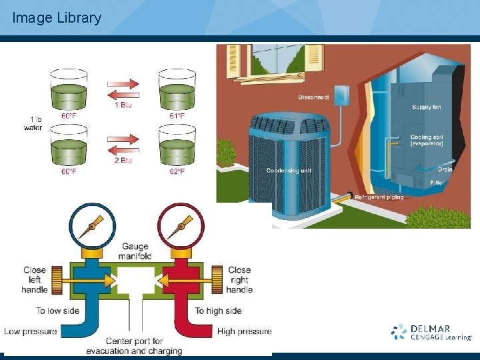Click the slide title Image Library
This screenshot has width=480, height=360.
[57, 18]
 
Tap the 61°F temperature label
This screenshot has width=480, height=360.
[177, 115]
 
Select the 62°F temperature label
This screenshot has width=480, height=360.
[177, 171]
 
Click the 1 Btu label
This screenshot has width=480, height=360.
[123, 105]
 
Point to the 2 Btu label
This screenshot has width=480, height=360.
[123, 160]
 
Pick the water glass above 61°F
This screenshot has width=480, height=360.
[177, 90]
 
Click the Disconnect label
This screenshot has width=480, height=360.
[313, 97]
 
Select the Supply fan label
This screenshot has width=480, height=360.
[427, 107]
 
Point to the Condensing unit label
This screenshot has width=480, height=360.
[289, 171]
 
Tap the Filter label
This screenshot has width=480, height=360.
[437, 183]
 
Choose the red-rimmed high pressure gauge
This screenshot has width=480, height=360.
[179, 227]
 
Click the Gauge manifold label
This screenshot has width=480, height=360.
[135, 251]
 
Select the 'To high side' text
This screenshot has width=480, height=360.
[218, 311]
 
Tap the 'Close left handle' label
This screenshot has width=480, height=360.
[35, 280]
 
